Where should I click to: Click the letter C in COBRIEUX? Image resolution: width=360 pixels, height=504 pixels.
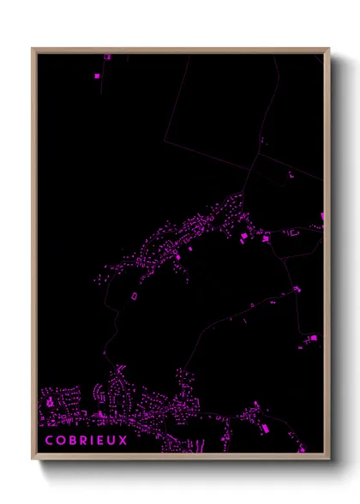tap(49, 441)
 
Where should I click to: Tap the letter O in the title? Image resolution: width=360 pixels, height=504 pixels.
tap(61, 441)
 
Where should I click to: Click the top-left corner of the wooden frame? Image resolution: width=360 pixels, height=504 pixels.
tap(32, 48)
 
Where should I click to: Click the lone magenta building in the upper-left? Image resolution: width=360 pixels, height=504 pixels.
tap(96, 76)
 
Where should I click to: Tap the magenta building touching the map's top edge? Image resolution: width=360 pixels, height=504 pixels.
tap(108, 57)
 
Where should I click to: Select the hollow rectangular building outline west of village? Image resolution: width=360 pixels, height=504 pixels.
tap(135, 296)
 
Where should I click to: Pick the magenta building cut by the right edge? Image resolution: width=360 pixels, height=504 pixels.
tap(322, 217)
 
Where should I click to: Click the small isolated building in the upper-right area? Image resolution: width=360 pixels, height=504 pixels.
tap(291, 175)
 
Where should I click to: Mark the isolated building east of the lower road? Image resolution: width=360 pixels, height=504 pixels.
tap(312, 339)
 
